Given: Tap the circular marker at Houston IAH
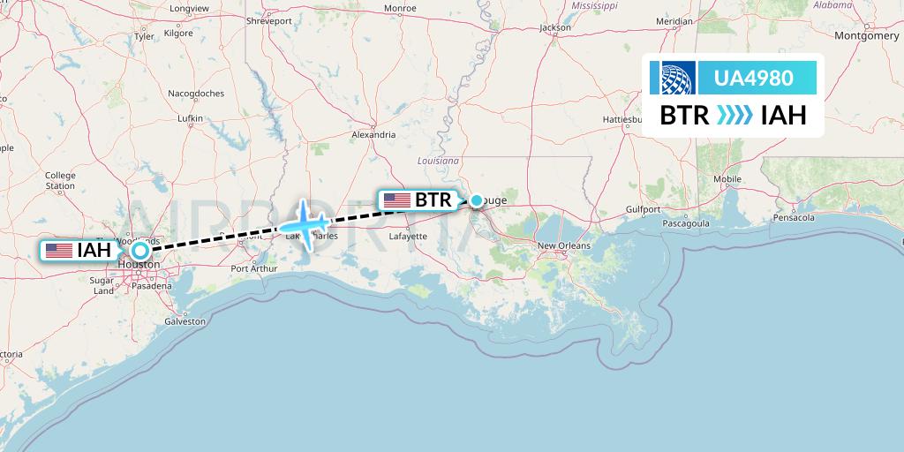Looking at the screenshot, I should pos(139,250).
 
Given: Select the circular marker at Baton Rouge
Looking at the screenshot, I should pos(477,200).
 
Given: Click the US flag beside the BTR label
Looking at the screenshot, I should pos(396,200).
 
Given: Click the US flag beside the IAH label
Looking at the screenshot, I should pos(59,250).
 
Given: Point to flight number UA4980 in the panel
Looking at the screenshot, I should pos(753,79).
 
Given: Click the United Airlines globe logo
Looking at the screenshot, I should pos(673,79).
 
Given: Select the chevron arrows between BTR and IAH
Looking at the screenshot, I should pos(734,116).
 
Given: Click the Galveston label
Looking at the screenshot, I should pos(185,321).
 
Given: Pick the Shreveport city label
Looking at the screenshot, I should pos(269,19).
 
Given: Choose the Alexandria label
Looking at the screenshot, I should pos(373,135).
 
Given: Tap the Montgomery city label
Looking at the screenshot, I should pos(866,36).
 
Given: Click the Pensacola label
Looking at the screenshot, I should pos(792,216).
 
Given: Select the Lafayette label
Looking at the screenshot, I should pos(408,236).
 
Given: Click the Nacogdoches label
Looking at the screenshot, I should pos(196,93).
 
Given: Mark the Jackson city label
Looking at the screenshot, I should pos(555,27).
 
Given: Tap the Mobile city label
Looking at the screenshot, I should pos(727,178).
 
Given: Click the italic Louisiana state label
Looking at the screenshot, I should pos(439,162).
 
